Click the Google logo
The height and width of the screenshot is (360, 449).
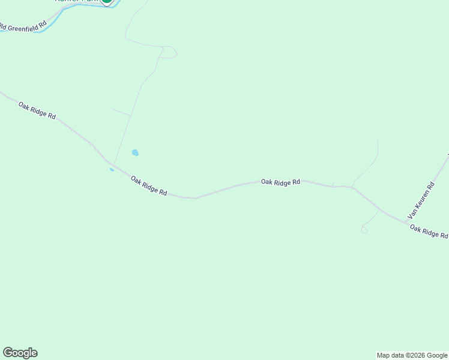point(20,353)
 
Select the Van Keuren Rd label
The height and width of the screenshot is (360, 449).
point(421,200)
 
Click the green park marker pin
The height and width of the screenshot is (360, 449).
point(106,1)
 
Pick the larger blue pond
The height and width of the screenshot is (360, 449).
point(135,153)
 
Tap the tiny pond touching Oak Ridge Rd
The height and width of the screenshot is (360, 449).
point(112,170)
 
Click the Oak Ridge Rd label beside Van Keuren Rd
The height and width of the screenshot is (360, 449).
point(429,232)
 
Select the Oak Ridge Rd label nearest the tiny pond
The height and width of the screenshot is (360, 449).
point(149,185)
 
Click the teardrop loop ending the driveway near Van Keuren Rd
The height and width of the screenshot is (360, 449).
point(364,230)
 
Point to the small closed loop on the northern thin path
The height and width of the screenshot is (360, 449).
point(170,53)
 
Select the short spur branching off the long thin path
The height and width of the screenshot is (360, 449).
point(121,112)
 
